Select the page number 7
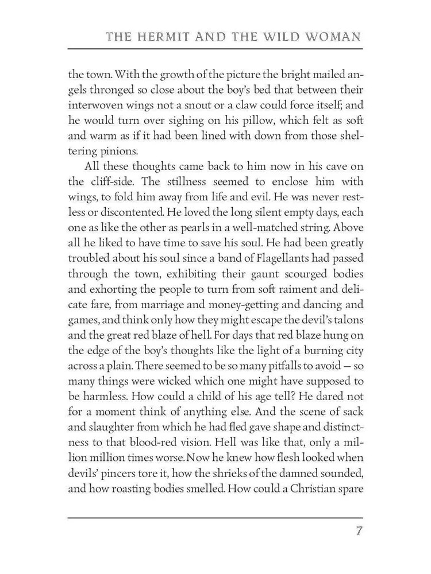click(359, 530)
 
